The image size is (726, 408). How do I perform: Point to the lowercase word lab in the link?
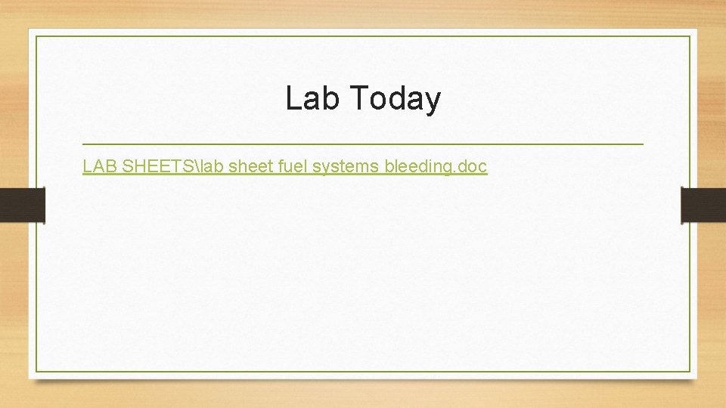click(211, 166)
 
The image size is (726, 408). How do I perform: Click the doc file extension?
click(473, 166)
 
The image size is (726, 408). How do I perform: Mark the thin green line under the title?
click(363, 144)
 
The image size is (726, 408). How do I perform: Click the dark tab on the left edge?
click(22, 206)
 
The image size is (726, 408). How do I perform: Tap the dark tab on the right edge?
click(703, 206)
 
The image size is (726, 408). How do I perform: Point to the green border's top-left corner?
click(37, 37)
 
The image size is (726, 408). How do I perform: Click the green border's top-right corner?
click(690, 37)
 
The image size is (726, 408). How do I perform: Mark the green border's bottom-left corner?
click(37, 371)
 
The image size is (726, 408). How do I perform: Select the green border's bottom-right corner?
click(690, 371)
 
